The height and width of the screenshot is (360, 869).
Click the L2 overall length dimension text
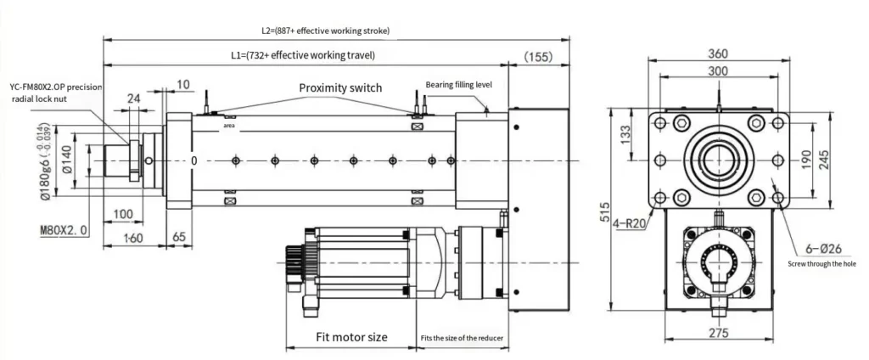(x=325, y=30)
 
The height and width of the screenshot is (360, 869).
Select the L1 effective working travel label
(x=303, y=55)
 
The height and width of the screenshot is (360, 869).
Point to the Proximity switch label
(x=340, y=87)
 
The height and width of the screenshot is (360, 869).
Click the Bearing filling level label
(x=459, y=84)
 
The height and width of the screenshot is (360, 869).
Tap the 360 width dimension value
(x=718, y=53)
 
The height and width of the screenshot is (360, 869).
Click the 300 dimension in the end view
(x=718, y=72)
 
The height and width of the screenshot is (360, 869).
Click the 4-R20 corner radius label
(x=630, y=224)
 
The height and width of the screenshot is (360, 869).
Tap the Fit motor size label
(x=351, y=337)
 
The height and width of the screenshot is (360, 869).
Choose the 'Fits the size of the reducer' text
(x=463, y=338)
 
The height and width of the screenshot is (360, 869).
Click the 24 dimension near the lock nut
(x=133, y=98)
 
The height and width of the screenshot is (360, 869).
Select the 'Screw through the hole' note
(x=822, y=264)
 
